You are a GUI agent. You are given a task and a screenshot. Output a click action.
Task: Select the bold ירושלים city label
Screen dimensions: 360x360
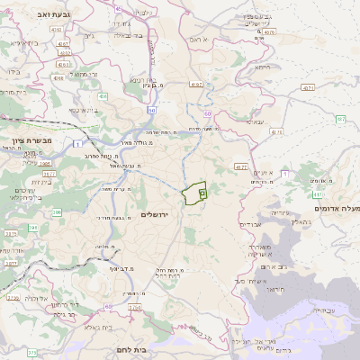155,213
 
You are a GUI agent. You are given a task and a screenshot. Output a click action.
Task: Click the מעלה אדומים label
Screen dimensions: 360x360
340,209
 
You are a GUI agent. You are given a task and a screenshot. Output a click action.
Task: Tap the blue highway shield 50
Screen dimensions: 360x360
152,110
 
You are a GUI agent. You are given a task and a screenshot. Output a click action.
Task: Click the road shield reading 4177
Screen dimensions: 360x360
240,166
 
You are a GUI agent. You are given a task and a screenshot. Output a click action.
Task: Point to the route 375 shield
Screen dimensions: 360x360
32,352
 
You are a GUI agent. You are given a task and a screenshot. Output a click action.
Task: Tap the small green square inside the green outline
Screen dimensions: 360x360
202,193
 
